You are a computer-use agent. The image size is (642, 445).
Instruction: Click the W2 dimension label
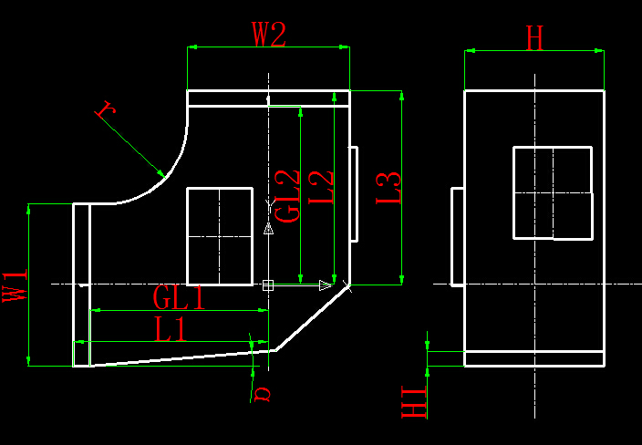click(x=269, y=35)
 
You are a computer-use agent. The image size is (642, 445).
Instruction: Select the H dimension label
click(x=534, y=38)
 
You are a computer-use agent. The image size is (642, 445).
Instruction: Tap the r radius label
click(x=106, y=109)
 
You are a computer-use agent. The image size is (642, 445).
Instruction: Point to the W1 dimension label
click(x=15, y=285)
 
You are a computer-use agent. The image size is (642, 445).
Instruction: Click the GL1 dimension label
click(x=179, y=297)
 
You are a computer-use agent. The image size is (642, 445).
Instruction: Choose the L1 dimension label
click(x=171, y=329)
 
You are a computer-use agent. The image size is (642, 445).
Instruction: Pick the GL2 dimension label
click(x=287, y=196)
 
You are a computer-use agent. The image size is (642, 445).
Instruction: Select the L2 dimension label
click(x=321, y=188)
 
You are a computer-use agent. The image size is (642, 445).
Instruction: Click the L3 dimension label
click(x=388, y=188)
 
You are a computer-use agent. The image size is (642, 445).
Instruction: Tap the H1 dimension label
click(x=414, y=401)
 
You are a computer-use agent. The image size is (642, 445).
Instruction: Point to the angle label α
click(x=262, y=394)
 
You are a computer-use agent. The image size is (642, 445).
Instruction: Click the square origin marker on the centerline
click(x=268, y=285)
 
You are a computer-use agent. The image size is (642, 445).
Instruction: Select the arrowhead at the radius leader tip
click(x=160, y=173)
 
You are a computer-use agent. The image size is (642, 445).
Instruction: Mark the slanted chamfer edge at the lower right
click(x=313, y=318)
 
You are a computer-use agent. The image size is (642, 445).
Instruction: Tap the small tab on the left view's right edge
click(x=354, y=194)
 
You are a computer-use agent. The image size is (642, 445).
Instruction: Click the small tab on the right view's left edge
click(x=458, y=236)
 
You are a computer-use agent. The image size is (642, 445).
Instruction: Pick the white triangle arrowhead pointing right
click(x=326, y=285)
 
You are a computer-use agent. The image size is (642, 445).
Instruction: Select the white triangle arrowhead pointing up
click(x=268, y=229)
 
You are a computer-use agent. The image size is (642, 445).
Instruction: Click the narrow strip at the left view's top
click(x=268, y=98)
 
